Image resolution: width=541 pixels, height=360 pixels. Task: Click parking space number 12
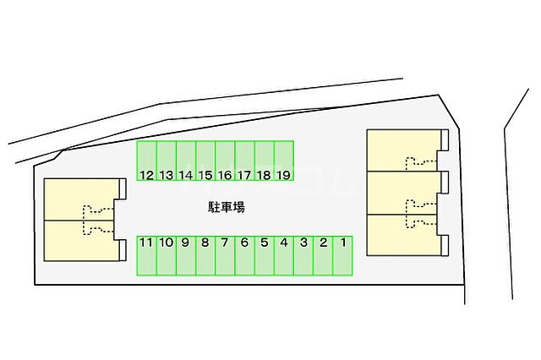147,161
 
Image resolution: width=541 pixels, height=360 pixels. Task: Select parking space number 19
284,161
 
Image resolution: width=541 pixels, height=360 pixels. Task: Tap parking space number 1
342,256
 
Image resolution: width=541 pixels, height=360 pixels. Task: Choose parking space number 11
147,256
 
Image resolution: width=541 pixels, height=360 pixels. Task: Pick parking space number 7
226,256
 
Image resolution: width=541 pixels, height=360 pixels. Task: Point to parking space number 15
205,161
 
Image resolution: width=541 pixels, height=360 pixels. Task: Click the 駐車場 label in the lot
227,207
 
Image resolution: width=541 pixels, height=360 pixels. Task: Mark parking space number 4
284,256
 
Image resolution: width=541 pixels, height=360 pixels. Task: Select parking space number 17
245,161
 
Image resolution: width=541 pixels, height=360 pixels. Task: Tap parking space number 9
186,256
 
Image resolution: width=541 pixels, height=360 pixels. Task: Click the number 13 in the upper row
167,176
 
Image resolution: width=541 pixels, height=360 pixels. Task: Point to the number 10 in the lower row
167,243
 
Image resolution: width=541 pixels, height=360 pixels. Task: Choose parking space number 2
323,256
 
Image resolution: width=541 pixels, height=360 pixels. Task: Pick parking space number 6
245,256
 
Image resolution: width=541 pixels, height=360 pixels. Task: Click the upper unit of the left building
79,199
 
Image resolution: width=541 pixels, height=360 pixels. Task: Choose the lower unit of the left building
79,240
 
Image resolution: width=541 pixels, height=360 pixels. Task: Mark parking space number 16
226,161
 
